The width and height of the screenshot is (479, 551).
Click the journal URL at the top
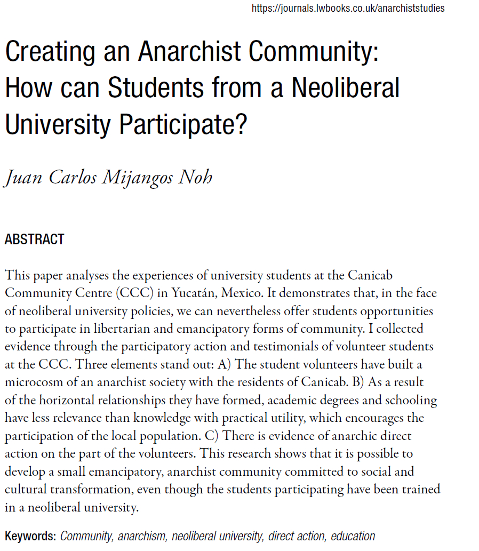point(348,8)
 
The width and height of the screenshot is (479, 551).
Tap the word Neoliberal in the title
point(345,87)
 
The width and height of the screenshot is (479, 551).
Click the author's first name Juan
point(23,177)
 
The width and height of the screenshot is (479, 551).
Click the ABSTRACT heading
point(34,239)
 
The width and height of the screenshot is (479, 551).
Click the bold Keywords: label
point(30,536)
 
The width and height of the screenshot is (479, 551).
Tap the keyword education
point(353,536)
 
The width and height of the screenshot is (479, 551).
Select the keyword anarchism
point(142,536)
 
